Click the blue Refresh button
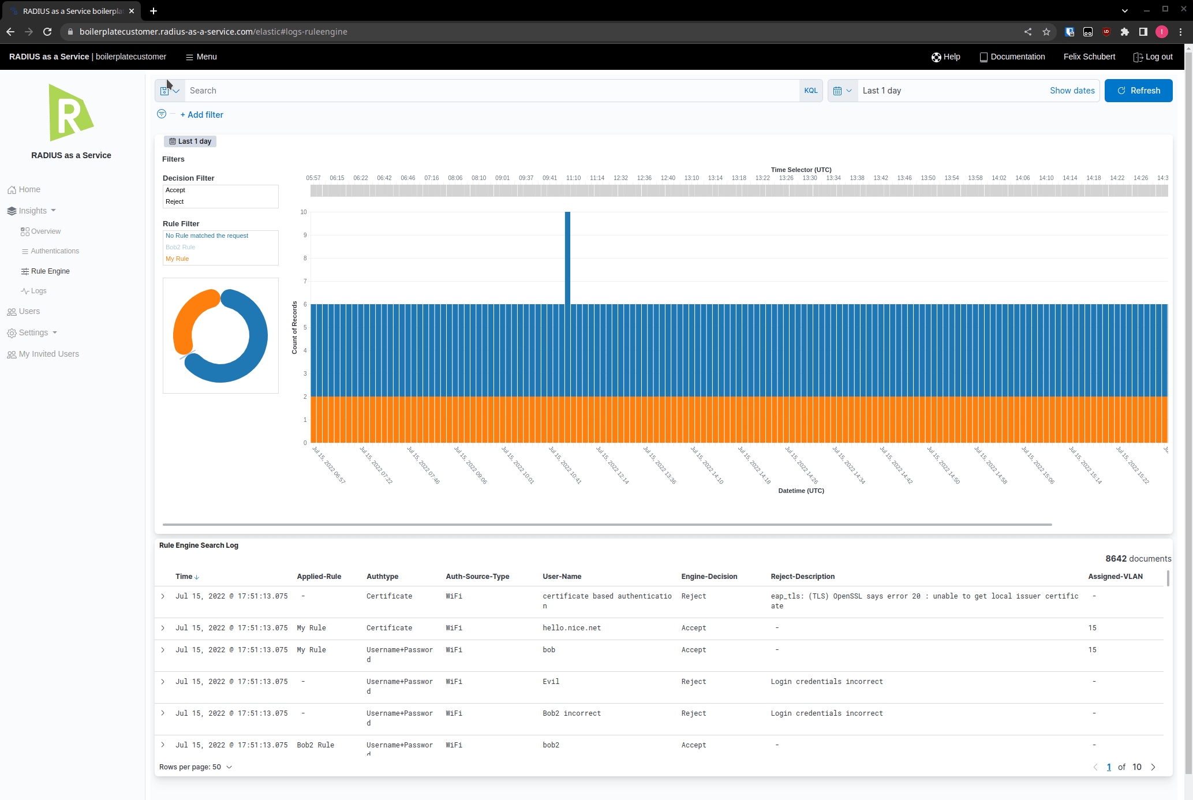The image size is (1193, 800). pos(1138,91)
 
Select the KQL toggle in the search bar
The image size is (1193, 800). pos(810,91)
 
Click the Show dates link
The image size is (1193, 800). pos(1072,91)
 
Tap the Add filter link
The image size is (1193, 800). pos(201,115)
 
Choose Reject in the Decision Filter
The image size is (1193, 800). pos(174,201)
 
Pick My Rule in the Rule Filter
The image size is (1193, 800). pos(177,259)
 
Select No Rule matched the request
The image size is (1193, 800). pos(207,235)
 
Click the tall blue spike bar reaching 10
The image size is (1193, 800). pos(567,257)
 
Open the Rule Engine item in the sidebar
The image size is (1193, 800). pos(50,271)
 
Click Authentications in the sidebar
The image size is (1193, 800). pos(55,251)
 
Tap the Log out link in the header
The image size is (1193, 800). pos(1153,57)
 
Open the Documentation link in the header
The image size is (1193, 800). pos(1012,57)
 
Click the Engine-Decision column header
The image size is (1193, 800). pos(709,577)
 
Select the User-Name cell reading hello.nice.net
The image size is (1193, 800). pos(571,628)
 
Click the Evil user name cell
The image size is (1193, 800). pos(551,682)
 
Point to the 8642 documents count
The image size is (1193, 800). pos(1138,559)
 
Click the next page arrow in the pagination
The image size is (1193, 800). pos(1153,767)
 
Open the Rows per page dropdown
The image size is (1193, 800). pos(196,767)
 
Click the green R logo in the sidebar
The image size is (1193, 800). pos(70,113)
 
